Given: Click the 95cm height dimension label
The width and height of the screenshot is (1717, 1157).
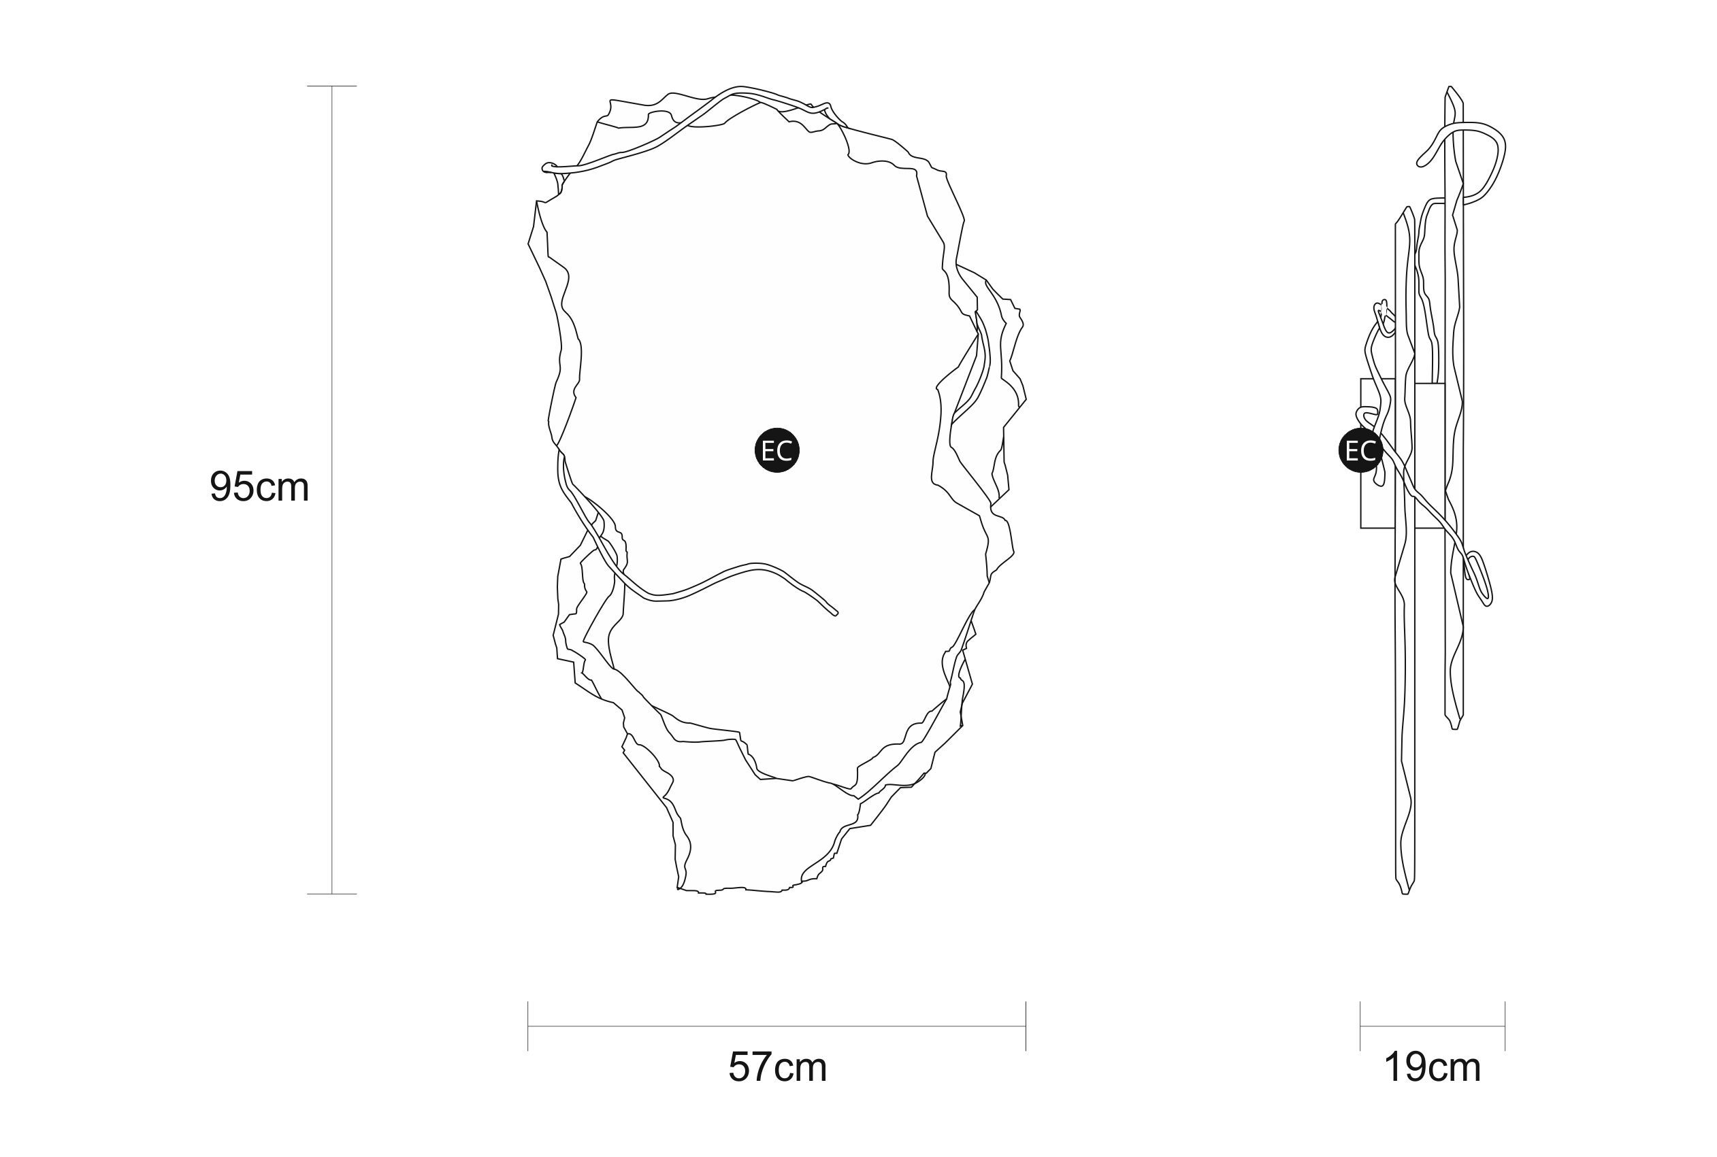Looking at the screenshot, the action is (259, 487).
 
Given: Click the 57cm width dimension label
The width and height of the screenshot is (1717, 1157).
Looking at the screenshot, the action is (777, 1067).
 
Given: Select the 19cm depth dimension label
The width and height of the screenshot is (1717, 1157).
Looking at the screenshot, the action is (1432, 1067).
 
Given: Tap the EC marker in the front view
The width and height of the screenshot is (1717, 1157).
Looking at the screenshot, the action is (776, 450).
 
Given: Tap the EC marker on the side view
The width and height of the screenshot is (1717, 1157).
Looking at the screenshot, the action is (1360, 450).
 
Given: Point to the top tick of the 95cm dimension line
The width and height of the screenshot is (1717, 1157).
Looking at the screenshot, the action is (331, 86).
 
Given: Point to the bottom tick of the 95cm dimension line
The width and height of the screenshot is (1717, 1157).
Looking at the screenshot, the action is (331, 894).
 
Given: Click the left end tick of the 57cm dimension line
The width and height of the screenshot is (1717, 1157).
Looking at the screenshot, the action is (528, 1026).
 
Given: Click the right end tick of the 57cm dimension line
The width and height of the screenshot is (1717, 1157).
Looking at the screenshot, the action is (1026, 1026).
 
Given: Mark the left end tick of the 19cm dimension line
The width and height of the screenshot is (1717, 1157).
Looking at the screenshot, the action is (1360, 1026).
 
